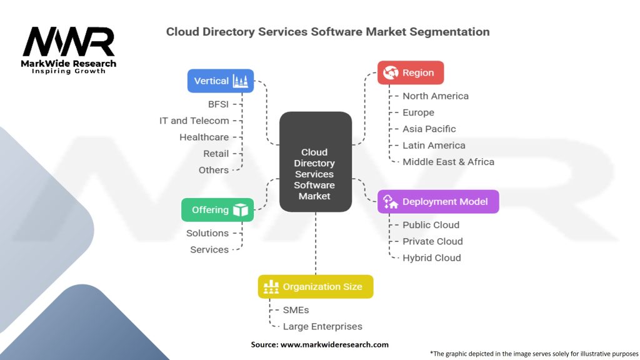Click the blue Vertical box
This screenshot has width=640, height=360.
tap(221, 81)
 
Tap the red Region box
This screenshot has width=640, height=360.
tap(411, 72)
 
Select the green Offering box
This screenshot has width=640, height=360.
tap(217, 210)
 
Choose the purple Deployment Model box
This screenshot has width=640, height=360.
tap(438, 202)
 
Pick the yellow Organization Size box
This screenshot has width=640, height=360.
tap(316, 286)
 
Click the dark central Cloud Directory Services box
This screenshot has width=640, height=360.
tap(316, 162)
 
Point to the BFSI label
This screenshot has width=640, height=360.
tap(218, 104)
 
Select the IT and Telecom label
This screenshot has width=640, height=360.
tap(194, 121)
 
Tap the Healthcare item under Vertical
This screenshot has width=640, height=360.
tap(204, 137)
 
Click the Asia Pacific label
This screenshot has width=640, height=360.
tap(429, 129)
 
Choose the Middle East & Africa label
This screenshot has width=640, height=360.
tap(448, 162)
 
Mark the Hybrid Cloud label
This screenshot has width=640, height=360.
tap(431, 258)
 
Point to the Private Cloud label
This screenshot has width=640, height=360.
tap(432, 241)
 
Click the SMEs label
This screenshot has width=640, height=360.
tap(296, 310)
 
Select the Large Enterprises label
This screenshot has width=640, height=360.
tap(322, 326)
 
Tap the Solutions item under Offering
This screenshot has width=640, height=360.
tap(207, 233)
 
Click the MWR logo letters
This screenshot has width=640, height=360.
tap(69, 41)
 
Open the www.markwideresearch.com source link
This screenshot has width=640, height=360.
tap(334, 344)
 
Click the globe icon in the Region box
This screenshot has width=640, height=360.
tap(391, 72)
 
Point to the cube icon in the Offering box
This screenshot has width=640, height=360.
tap(241, 210)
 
